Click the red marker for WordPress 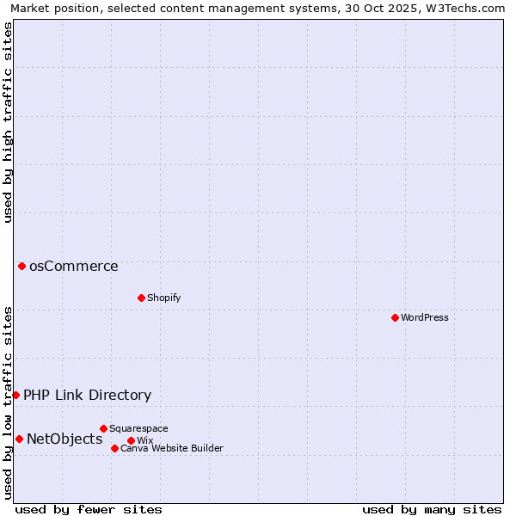tap(395, 317)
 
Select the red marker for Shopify tap(141, 298)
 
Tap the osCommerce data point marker tap(21, 266)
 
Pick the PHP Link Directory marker tap(15, 395)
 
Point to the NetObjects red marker tap(19, 439)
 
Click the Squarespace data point tap(103, 428)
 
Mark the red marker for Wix tap(131, 440)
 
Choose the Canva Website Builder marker tap(114, 448)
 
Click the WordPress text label tap(425, 317)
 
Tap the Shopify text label tap(163, 298)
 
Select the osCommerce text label tap(74, 266)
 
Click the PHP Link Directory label tap(87, 395)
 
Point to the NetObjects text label tap(64, 439)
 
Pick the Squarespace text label tap(138, 428)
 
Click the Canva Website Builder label tap(172, 448)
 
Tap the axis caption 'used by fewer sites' tap(89, 509)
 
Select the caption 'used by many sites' tap(432, 509)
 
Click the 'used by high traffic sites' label tap(8, 122)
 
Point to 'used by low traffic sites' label tap(8, 402)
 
